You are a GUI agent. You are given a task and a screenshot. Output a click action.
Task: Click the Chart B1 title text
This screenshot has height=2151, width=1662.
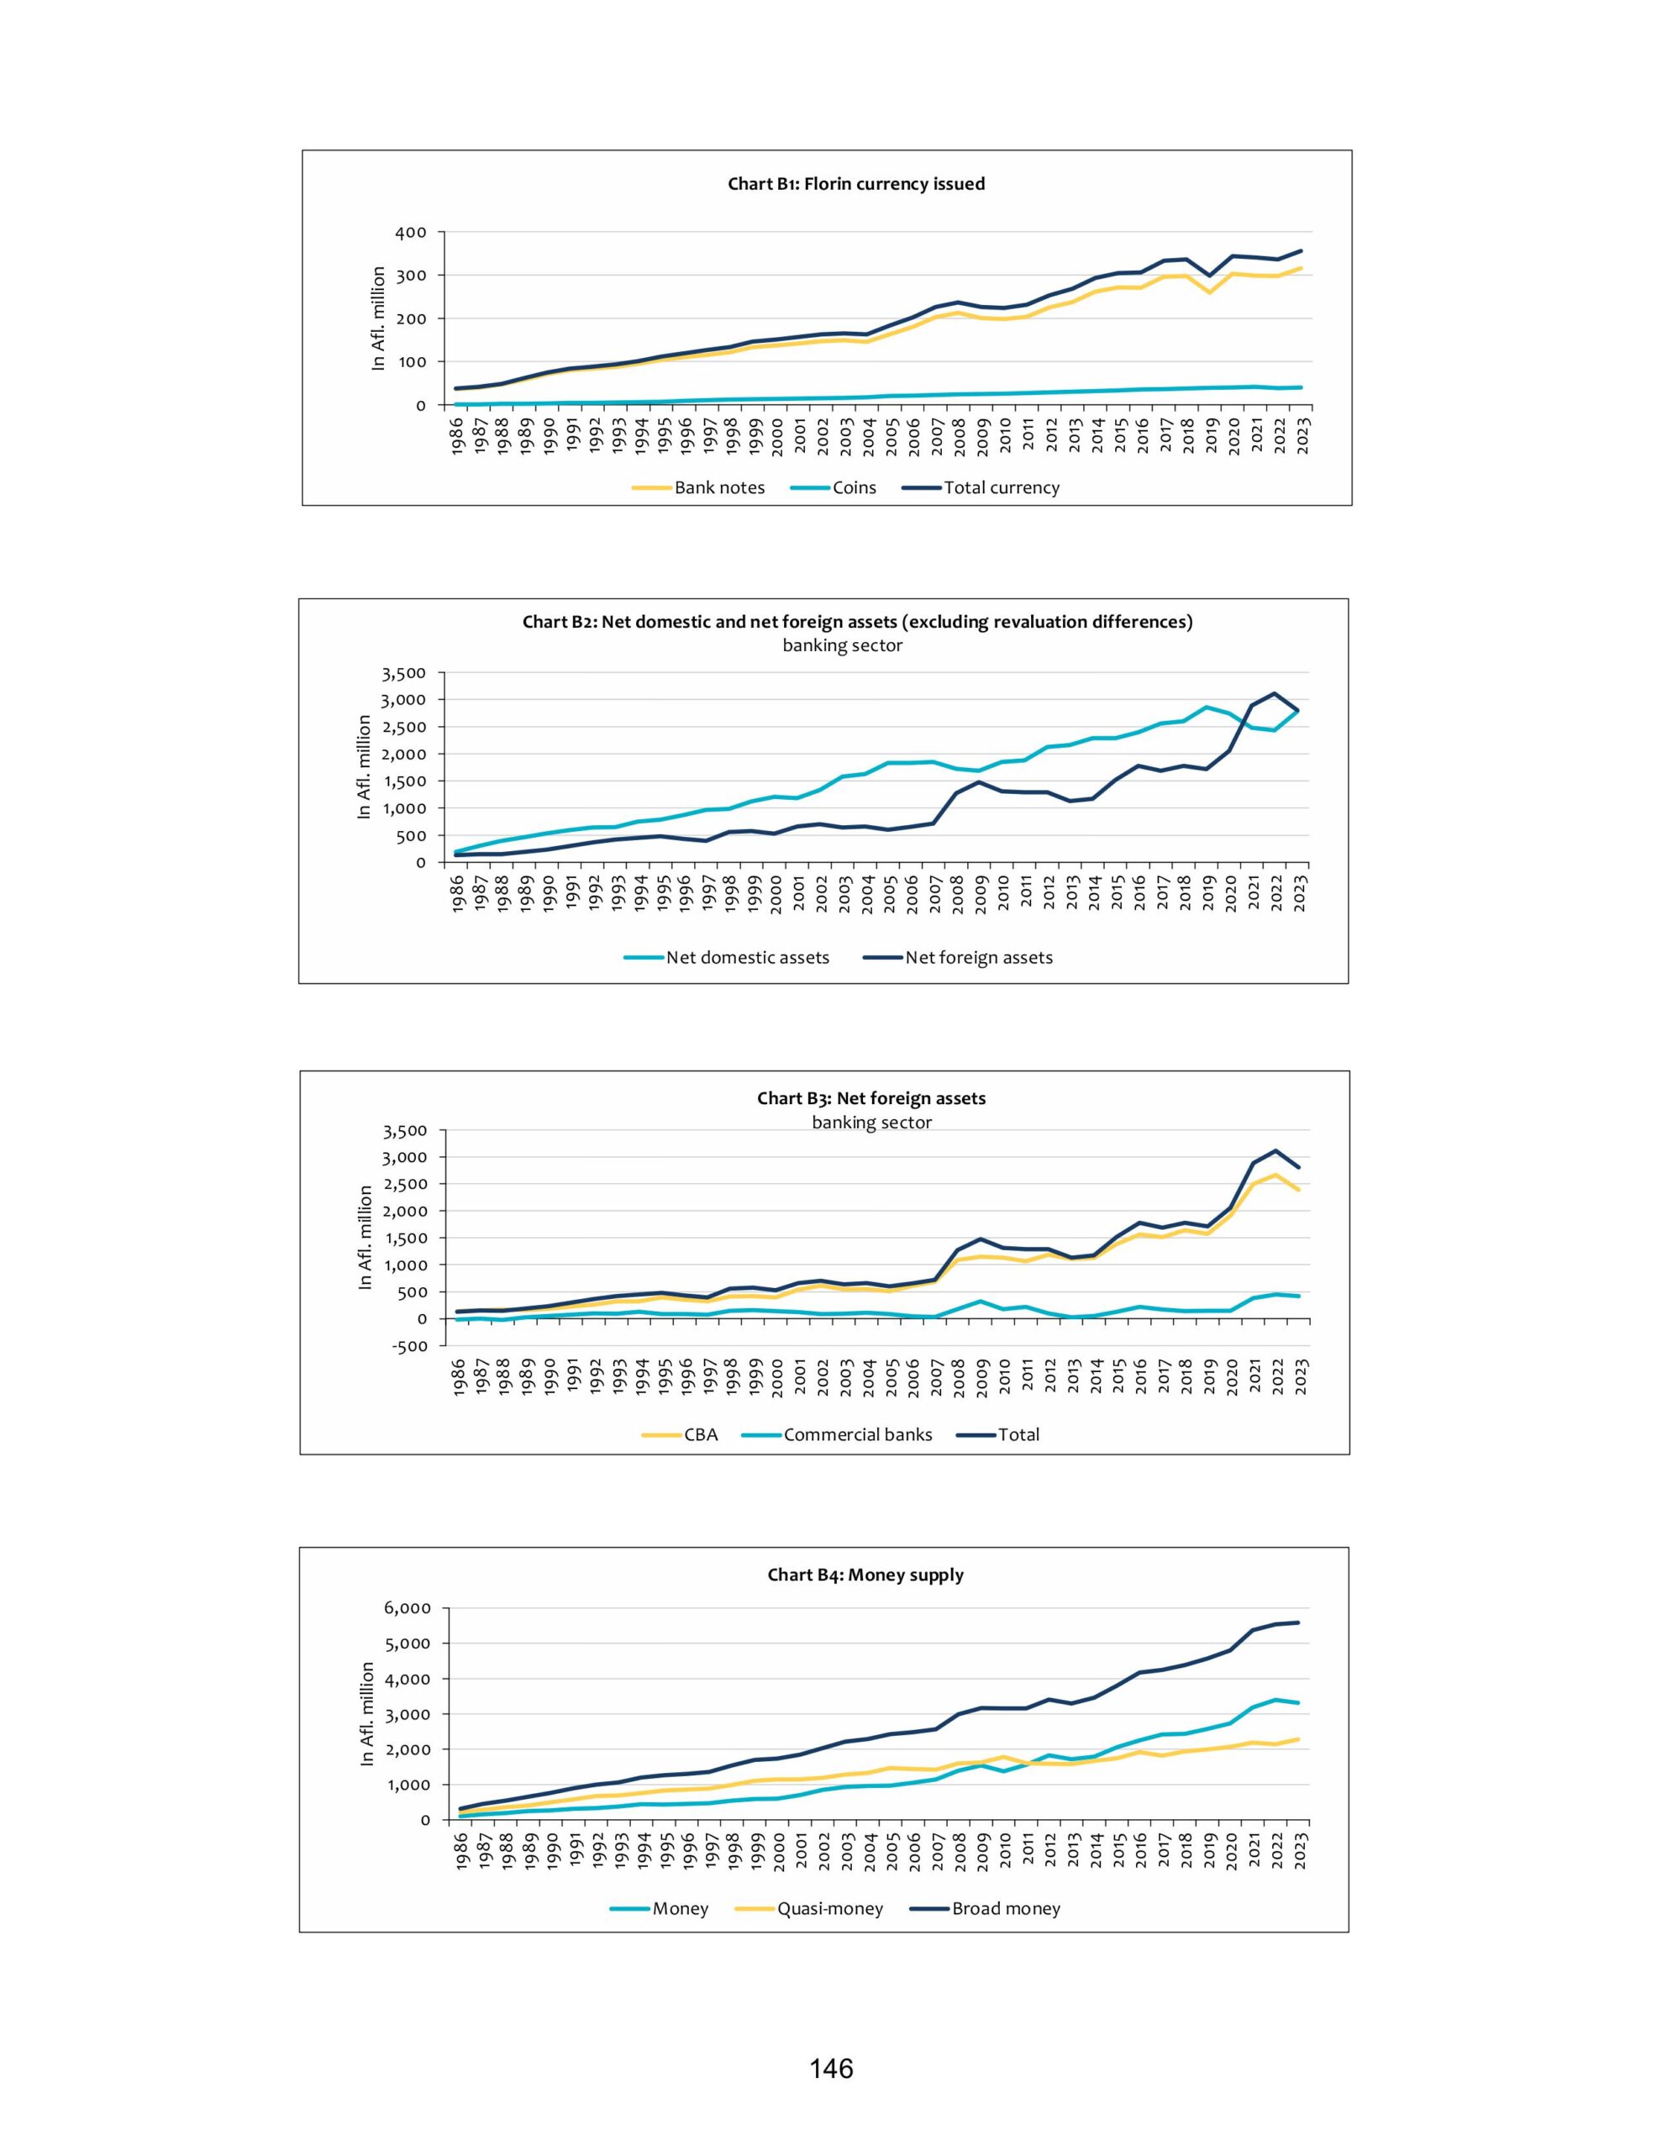855,184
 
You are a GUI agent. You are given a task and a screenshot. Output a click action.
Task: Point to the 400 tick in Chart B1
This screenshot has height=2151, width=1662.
412,233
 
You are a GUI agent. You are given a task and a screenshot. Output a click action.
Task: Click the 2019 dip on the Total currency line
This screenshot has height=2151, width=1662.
1210,276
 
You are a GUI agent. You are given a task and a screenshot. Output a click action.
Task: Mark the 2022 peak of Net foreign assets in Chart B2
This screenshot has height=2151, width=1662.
1275,693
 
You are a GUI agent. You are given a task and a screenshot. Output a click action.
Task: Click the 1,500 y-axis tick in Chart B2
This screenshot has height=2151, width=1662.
406,781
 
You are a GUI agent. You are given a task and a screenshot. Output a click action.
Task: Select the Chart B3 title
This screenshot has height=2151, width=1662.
870,1098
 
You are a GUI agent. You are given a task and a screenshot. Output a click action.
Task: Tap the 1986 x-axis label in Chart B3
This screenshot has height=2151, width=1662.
459,1378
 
